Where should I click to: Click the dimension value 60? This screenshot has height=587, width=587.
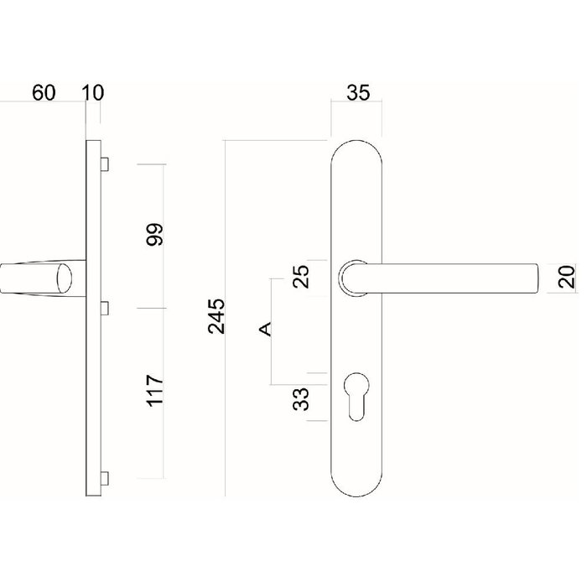tap(44, 93)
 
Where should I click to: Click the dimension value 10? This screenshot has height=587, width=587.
tap(93, 93)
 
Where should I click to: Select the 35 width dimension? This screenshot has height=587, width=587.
tap(358, 93)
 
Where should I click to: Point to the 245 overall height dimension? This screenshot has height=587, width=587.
tap(216, 315)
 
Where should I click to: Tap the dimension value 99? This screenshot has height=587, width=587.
tap(153, 235)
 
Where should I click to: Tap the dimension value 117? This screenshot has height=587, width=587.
tap(153, 392)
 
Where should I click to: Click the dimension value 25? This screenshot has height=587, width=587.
tap(304, 276)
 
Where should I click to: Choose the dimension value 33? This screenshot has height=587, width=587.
tap(304, 397)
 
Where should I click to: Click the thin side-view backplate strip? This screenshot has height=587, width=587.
tap(91, 377)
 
